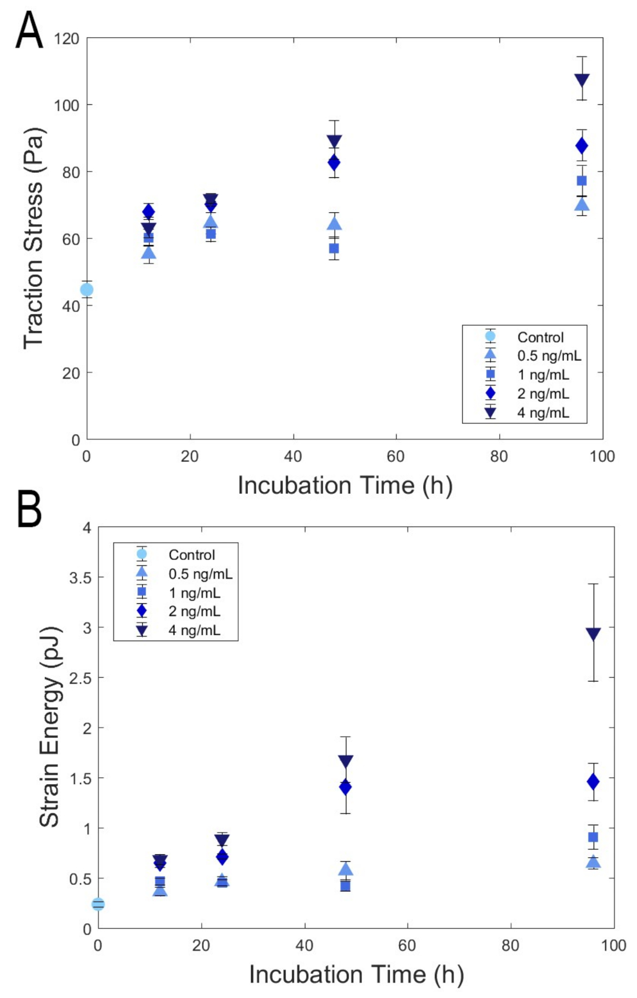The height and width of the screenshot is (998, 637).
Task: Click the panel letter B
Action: pyautogui.click(x=29, y=509)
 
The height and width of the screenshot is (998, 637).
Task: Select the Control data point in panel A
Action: pyautogui.click(x=87, y=290)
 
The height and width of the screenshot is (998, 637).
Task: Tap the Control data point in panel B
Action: pyautogui.click(x=98, y=904)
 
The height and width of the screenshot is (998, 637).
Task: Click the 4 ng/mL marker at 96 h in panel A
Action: pyautogui.click(x=581, y=80)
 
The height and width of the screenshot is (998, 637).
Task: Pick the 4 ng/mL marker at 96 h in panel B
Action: pyautogui.click(x=593, y=633)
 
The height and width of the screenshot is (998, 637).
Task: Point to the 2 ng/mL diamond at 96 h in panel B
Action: pyautogui.click(x=593, y=782)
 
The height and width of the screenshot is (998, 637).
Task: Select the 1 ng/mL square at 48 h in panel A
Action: pyautogui.click(x=334, y=249)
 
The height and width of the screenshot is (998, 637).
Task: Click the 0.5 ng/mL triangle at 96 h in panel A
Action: pyautogui.click(x=582, y=205)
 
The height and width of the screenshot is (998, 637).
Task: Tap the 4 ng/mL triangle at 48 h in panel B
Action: pyautogui.click(x=346, y=761)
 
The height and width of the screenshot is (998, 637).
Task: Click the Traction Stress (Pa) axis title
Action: pyautogui.click(x=34, y=238)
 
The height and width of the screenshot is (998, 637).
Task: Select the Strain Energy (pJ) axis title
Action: pyautogui.click(x=49, y=727)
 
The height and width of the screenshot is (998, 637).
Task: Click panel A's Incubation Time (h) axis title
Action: pyautogui.click(x=345, y=486)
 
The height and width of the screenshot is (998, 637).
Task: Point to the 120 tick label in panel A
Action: pyautogui.click(x=67, y=39)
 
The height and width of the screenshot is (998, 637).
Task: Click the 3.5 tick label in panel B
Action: pyautogui.click(x=80, y=578)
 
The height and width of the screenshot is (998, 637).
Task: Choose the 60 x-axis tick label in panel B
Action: pyautogui.click(x=407, y=945)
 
